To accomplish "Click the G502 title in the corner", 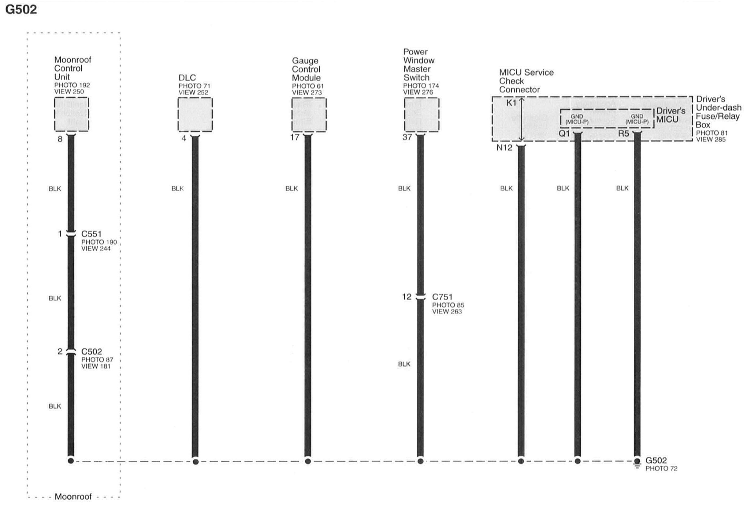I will point(21,10).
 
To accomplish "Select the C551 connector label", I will point(91,234).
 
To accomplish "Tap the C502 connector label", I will point(91,351).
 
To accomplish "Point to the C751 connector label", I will point(442,297).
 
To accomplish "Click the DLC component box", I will point(195,115).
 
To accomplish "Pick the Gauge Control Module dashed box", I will point(309,115).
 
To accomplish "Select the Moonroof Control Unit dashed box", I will point(72,114).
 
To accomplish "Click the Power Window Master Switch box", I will point(422,115).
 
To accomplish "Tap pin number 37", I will point(407,137).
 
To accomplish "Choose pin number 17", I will point(295,137).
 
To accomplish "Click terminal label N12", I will point(504,148).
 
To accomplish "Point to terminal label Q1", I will point(564,133).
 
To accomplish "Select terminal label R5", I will point(624,133).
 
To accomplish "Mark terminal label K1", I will point(511,103).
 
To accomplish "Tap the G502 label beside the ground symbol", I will point(656,460).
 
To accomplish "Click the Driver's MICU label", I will point(671,115).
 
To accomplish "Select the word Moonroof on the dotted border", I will point(73,497).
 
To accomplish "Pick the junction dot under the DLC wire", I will point(195,462).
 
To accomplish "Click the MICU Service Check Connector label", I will point(526,81).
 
